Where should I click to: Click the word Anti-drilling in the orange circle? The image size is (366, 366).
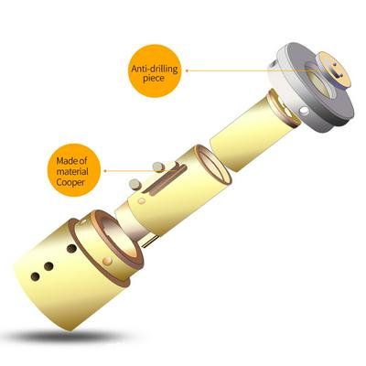click(x=154, y=69)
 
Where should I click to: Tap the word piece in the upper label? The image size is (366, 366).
click(x=154, y=79)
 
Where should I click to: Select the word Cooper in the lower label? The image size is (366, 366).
click(x=70, y=182)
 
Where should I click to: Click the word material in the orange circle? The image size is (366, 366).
click(x=72, y=171)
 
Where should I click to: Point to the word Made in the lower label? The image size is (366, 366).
click(x=64, y=160)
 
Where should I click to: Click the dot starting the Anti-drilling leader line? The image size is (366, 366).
click(x=187, y=70)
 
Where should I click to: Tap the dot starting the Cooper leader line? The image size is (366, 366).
click(x=105, y=171)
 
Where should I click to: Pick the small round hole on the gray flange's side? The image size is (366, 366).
click(x=304, y=110)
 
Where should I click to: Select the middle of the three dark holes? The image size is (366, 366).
click(x=48, y=266)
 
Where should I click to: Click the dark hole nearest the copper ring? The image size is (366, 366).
click(x=71, y=249)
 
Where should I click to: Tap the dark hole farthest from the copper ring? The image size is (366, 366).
click(x=36, y=276)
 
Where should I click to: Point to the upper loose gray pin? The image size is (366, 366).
click(x=158, y=167)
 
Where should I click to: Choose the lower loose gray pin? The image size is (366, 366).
click(x=135, y=184)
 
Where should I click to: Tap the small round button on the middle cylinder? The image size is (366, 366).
click(x=141, y=201)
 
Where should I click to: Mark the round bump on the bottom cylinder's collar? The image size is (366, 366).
click(x=108, y=260)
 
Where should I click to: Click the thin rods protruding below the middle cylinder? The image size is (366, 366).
click(x=149, y=240)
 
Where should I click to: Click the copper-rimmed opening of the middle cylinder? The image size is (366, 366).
click(x=213, y=165)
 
